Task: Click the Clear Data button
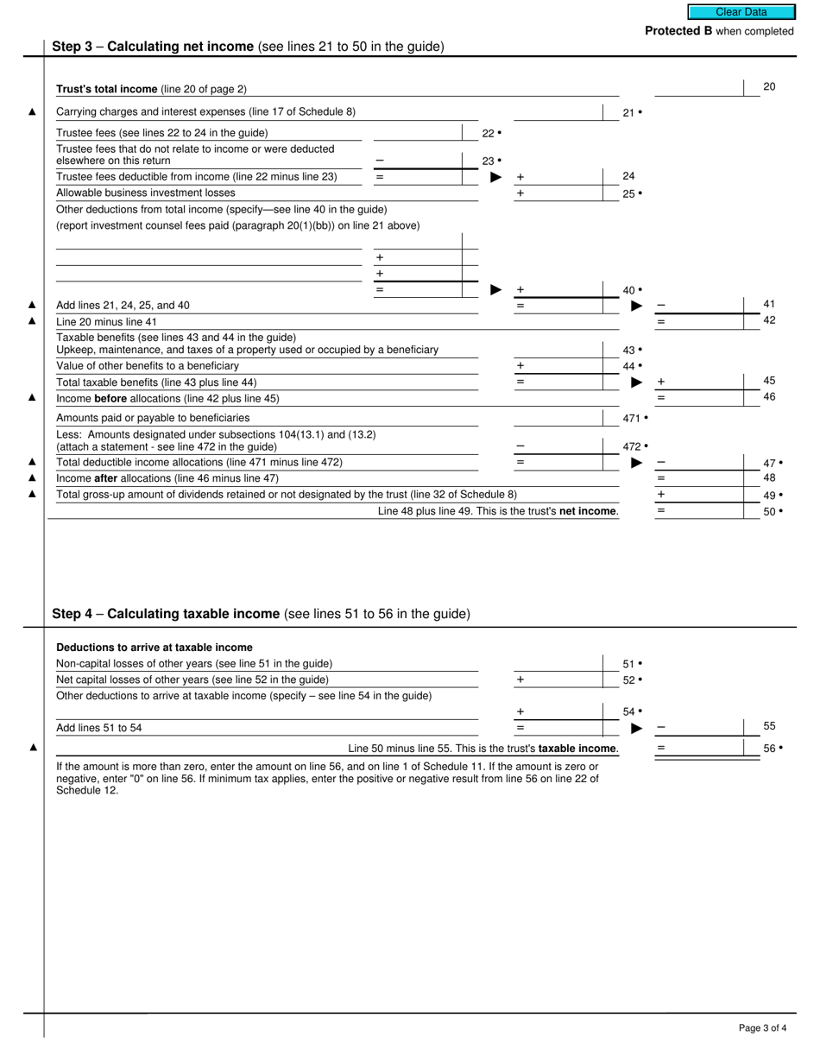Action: tap(741, 12)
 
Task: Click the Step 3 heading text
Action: tap(248, 47)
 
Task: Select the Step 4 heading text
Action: tap(261, 614)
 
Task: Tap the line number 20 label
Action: tap(769, 87)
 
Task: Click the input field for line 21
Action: tap(558, 112)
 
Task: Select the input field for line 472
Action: tap(558, 446)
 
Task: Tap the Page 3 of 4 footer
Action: tap(762, 1027)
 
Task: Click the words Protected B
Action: tap(678, 31)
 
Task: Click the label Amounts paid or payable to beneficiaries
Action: tap(153, 418)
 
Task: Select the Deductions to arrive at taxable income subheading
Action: tap(155, 648)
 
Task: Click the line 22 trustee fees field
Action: tap(419, 132)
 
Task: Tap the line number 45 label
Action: tap(769, 381)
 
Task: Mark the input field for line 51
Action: tap(558, 663)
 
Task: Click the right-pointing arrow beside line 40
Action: tap(495, 290)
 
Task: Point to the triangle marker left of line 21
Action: tap(33, 111)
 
